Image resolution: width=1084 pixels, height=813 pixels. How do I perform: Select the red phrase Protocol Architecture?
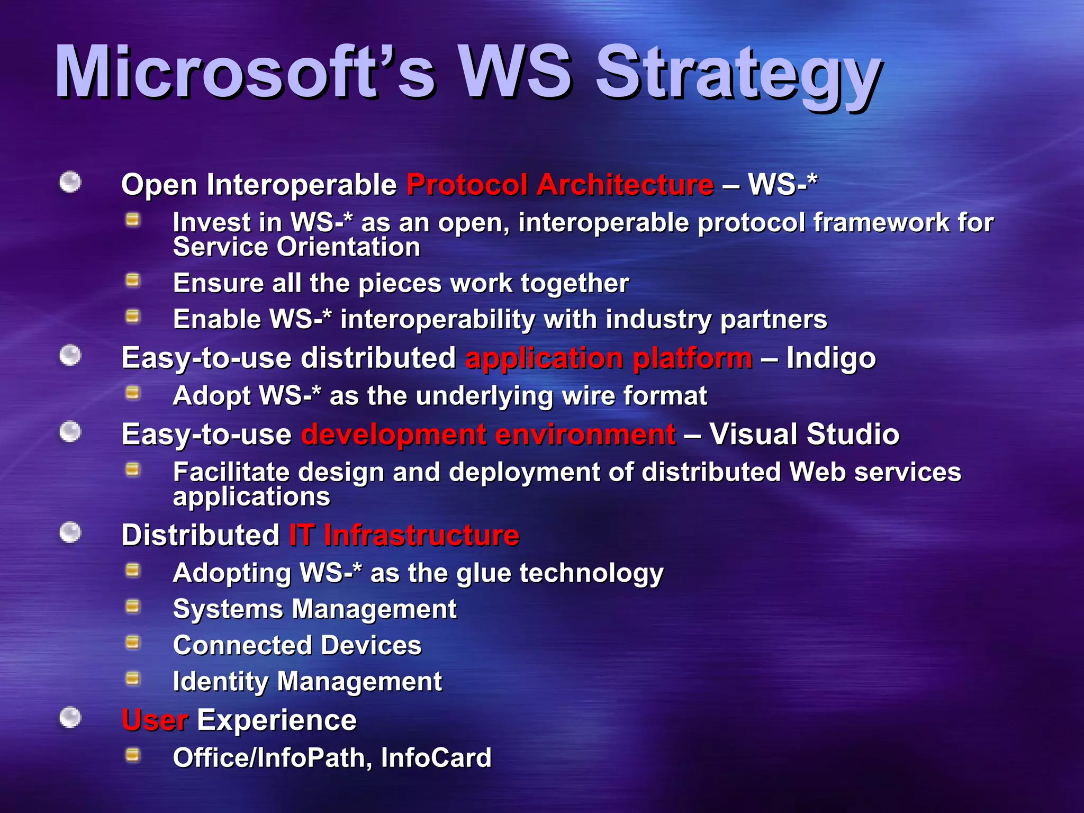click(560, 185)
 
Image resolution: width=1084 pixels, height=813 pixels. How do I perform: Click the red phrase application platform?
click(609, 358)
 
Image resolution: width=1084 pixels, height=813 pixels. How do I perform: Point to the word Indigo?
click(830, 358)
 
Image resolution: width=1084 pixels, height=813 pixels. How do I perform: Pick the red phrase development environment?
click(488, 435)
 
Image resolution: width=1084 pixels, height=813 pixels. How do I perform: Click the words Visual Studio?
click(804, 435)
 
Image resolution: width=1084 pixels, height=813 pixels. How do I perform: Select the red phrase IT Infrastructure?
click(404, 535)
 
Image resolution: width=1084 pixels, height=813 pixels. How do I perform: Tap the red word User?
click(155, 720)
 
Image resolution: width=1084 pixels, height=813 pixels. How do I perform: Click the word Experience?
click(277, 720)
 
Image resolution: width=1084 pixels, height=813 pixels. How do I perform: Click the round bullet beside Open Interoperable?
click(70, 183)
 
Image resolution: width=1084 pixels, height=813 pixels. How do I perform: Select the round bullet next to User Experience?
click(70, 718)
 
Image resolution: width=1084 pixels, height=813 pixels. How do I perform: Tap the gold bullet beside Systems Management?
click(133, 607)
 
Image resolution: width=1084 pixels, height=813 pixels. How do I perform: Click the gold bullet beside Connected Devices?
click(133, 643)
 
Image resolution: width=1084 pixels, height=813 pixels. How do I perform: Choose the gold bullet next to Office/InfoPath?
click(133, 755)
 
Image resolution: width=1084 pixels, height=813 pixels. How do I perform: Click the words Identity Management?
click(307, 681)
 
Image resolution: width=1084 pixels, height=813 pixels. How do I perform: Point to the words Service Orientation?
click(296, 247)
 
